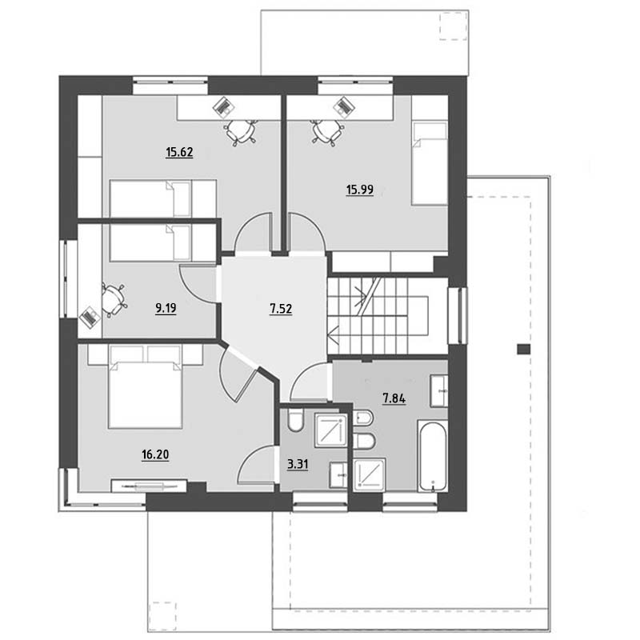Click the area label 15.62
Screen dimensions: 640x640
pos(179,152)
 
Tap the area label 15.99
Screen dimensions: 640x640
pos(359,190)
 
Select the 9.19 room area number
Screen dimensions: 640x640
pos(166,308)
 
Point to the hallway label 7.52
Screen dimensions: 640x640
pos(281,309)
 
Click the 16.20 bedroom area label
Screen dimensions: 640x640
pos(155,454)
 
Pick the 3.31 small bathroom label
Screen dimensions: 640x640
pos(298,465)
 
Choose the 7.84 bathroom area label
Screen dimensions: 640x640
pos(394,398)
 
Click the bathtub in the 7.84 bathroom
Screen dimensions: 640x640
pos(433,455)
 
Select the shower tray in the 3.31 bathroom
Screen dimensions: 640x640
pos(330,430)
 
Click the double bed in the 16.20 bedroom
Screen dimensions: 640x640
pos(145,387)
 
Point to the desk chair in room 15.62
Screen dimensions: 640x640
pos(241,132)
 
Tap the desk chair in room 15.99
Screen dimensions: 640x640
pos(327,132)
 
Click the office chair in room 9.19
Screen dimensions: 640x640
pos(113,300)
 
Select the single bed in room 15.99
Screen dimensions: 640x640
pos(430,162)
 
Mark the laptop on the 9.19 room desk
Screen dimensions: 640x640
pos(90,317)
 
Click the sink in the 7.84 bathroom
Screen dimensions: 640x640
pos(439,391)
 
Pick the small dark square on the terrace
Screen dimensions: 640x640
pos(524,349)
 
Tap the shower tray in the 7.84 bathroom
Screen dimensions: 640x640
pos(370,474)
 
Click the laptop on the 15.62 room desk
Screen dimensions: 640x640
pos(224,107)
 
